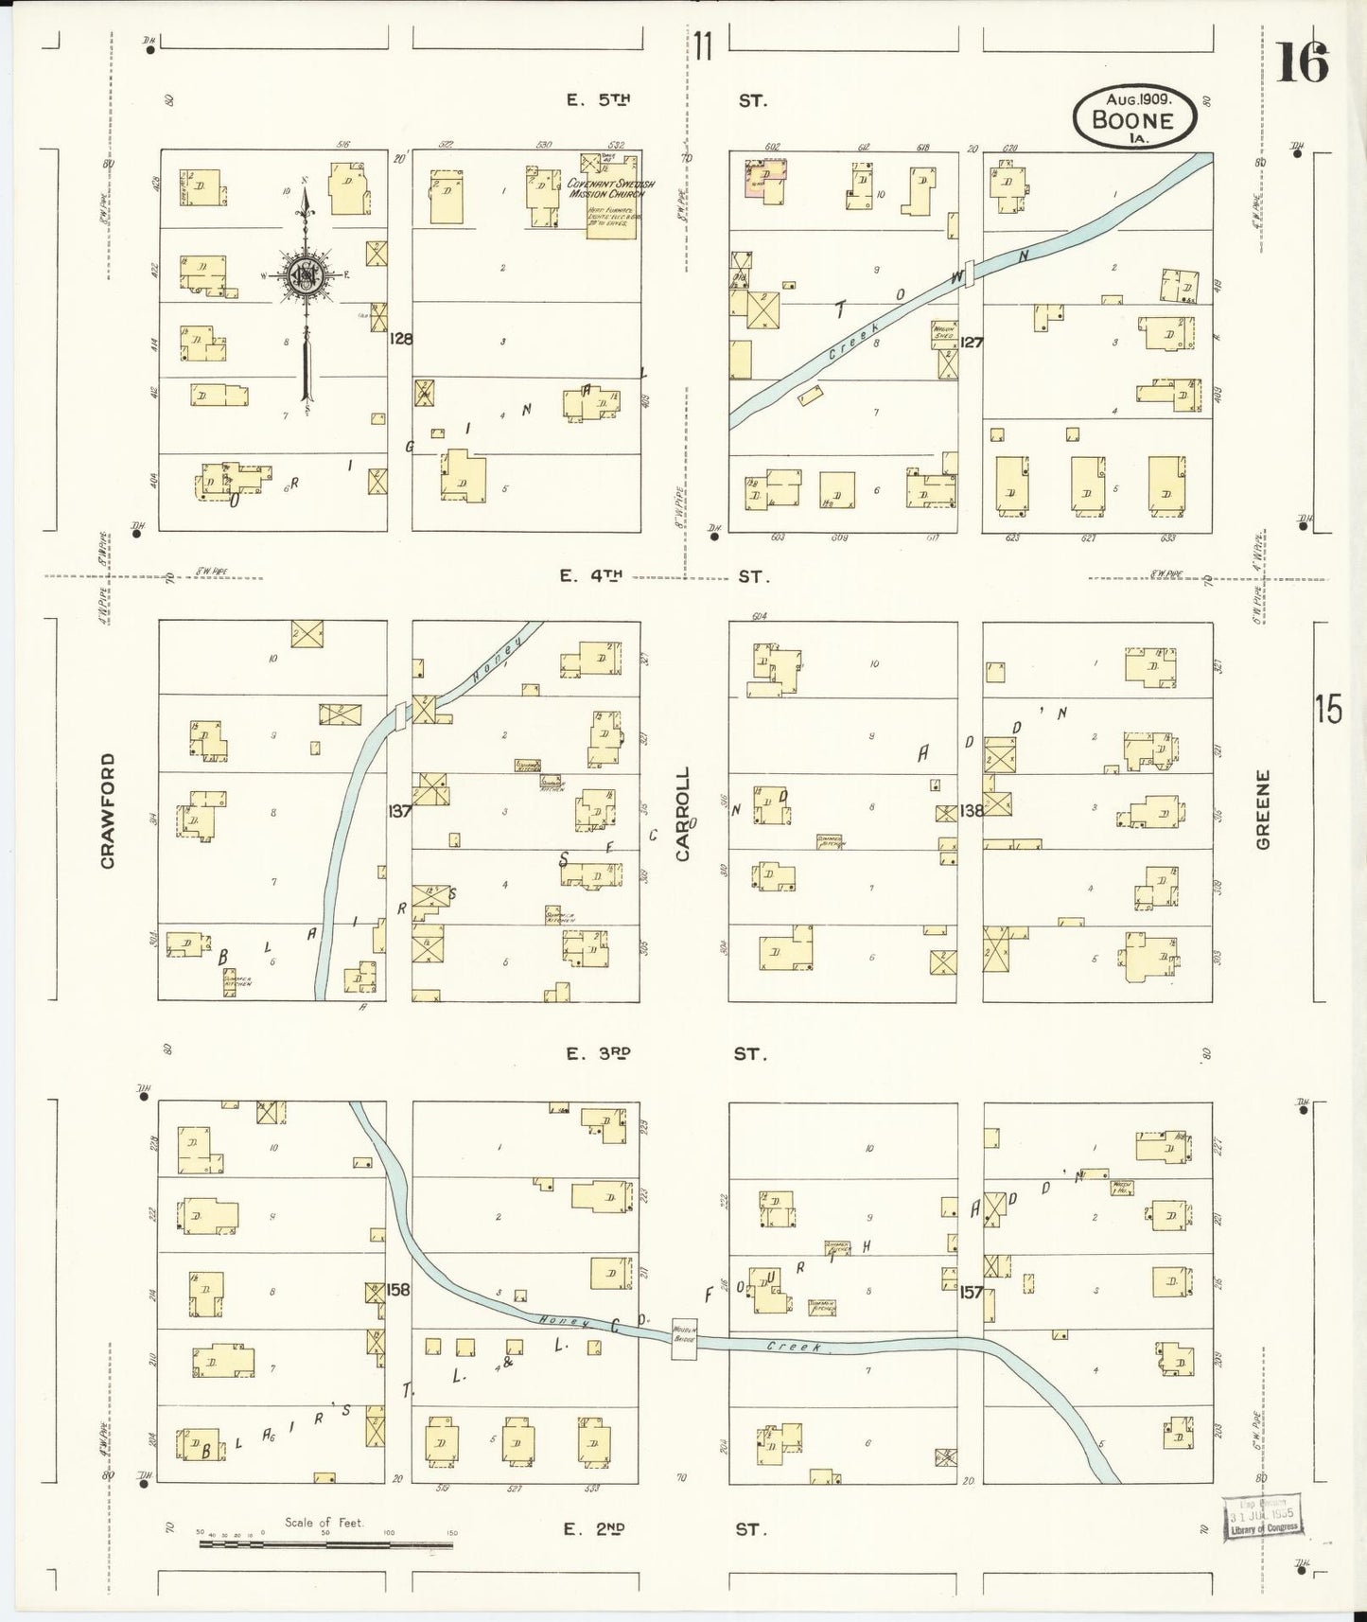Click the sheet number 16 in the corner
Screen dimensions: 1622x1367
(x=1302, y=63)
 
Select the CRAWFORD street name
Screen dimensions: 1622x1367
(x=108, y=810)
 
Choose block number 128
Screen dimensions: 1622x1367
(x=400, y=338)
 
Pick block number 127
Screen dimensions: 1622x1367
(x=971, y=342)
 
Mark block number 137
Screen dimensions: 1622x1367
(x=399, y=811)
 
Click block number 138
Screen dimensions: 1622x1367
(x=971, y=811)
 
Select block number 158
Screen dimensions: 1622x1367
(x=399, y=1289)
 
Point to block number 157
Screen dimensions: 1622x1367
(x=971, y=1291)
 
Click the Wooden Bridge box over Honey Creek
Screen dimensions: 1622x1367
(x=684, y=1339)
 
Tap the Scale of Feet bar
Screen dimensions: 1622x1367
(x=325, y=1545)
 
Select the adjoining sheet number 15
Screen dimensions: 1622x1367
(x=1327, y=709)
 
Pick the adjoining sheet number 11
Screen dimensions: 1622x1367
(x=701, y=45)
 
